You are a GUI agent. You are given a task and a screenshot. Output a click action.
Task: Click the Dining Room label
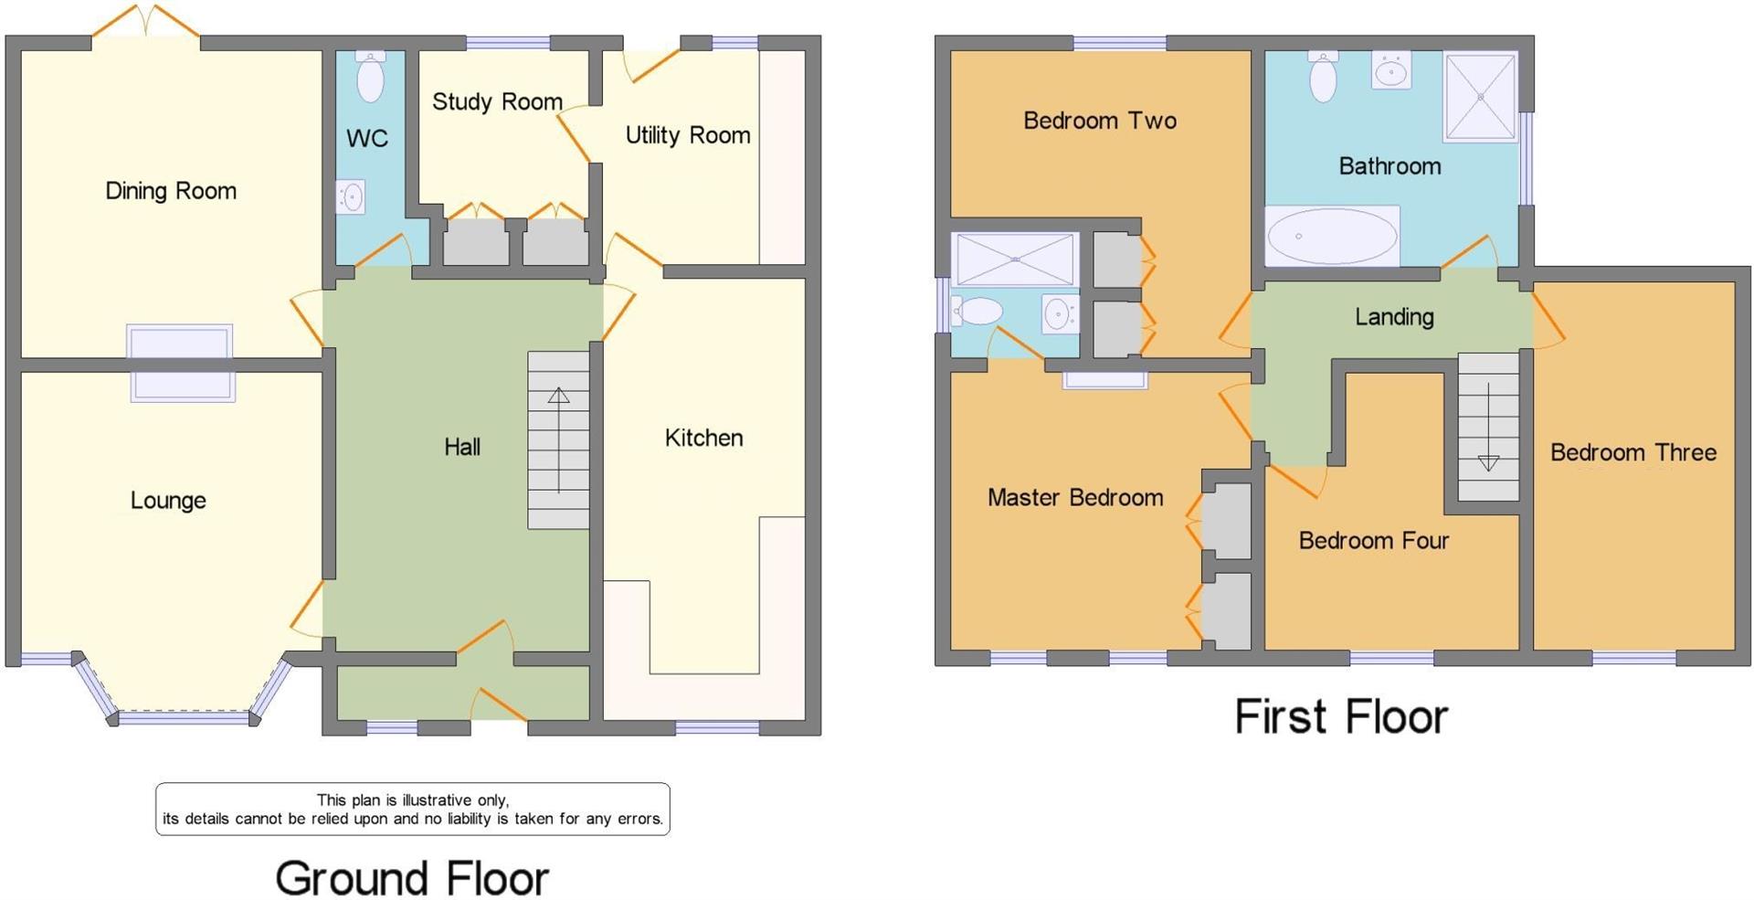click(171, 191)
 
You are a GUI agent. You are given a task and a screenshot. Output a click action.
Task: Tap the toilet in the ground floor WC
click(370, 78)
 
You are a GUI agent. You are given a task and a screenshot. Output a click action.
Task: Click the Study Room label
click(497, 101)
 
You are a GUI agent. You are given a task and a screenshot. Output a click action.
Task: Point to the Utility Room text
click(687, 135)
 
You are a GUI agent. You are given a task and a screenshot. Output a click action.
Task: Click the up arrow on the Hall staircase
click(558, 396)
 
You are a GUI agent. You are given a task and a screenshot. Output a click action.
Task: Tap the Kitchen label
click(703, 438)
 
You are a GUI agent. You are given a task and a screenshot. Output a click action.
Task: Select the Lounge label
click(168, 500)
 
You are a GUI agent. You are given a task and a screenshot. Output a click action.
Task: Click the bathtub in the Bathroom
click(1332, 236)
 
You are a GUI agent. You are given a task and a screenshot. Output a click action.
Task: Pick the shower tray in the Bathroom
click(1480, 96)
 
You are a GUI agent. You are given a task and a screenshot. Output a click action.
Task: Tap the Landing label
click(1394, 317)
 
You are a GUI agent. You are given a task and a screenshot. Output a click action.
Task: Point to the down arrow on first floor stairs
click(1488, 462)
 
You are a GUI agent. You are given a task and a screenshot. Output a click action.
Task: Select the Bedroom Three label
click(1632, 452)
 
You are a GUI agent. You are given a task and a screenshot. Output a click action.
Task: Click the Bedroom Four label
click(1373, 541)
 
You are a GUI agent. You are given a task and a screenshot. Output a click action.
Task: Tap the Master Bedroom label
click(1075, 497)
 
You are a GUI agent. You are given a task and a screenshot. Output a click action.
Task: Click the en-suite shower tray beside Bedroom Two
click(1015, 259)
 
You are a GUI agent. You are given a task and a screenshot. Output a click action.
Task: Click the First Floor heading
click(1340, 716)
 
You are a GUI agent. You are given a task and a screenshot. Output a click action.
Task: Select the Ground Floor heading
click(412, 878)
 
